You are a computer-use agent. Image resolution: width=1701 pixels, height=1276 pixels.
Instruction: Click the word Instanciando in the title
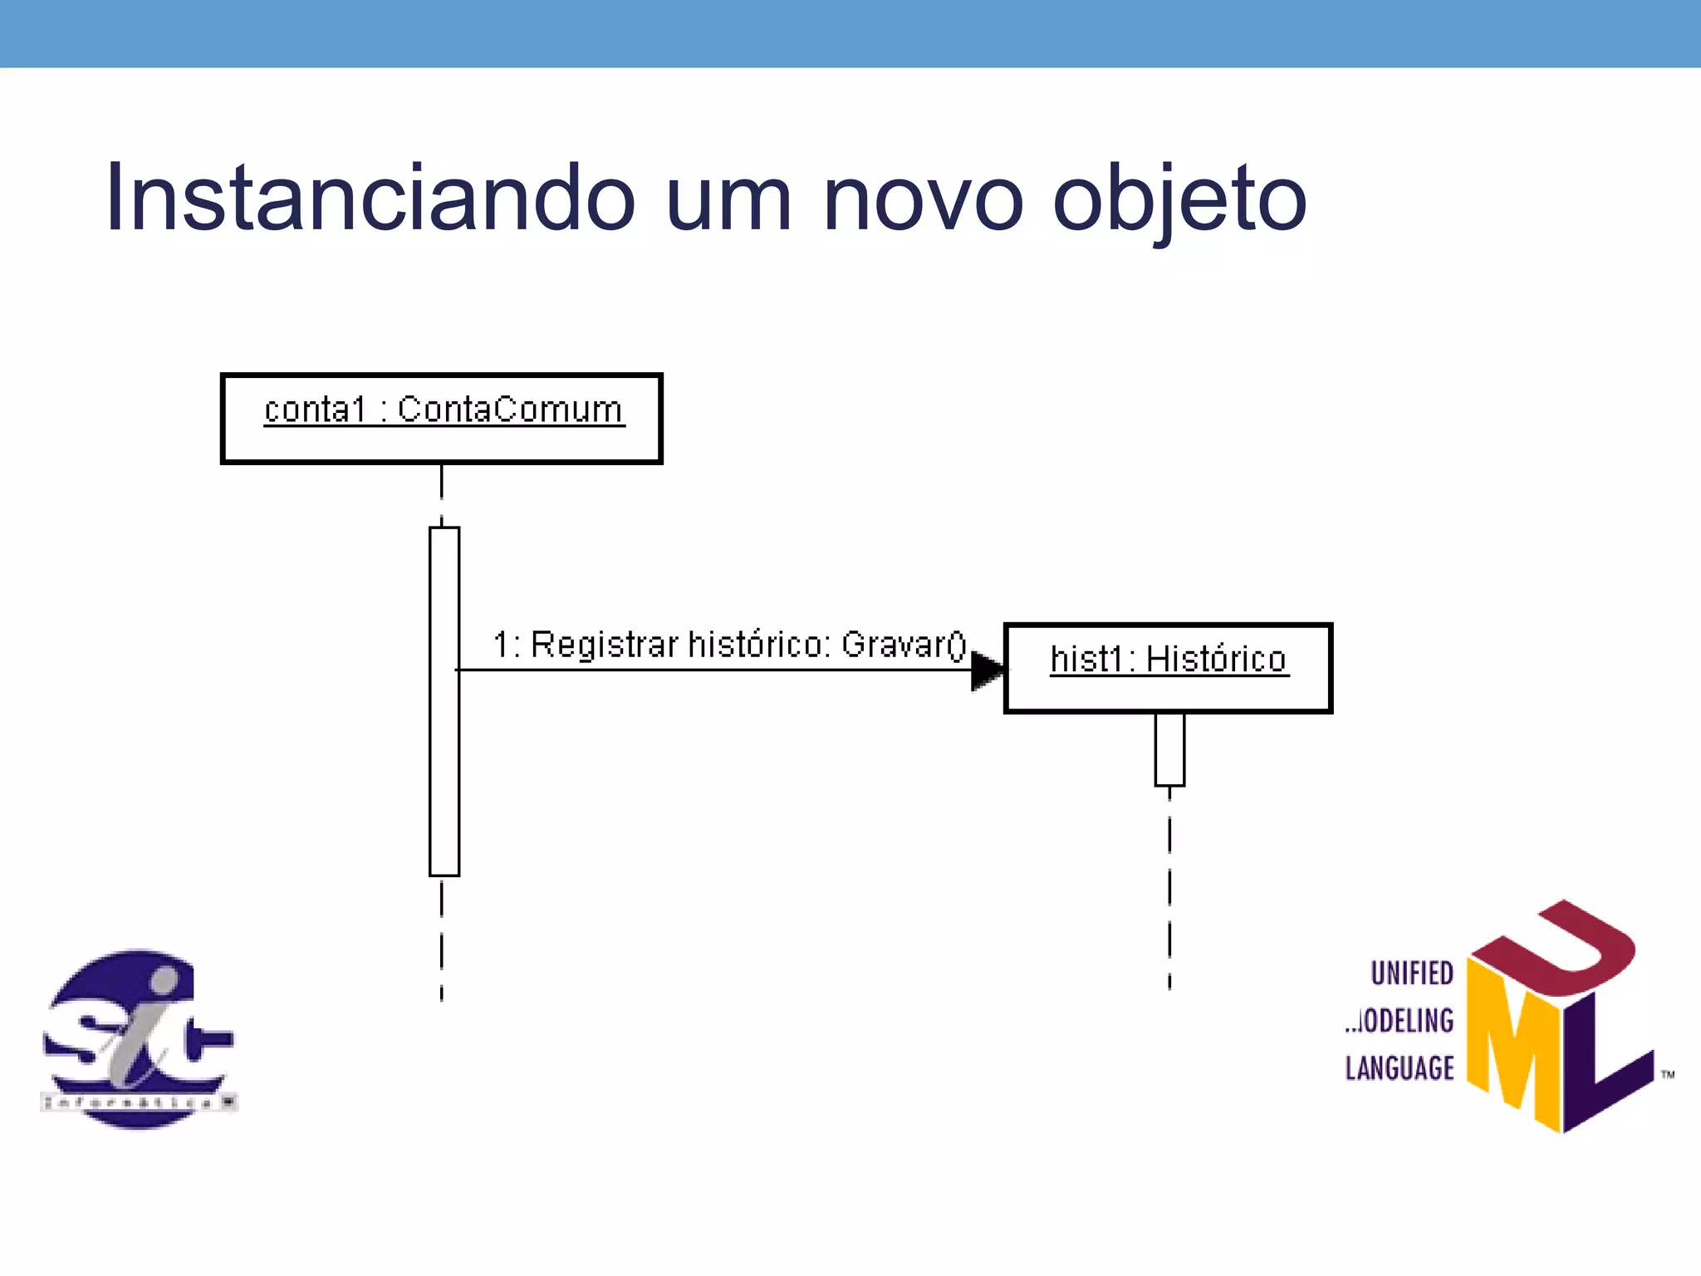[370, 199]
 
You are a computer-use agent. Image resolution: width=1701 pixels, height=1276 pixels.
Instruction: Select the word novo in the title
[923, 199]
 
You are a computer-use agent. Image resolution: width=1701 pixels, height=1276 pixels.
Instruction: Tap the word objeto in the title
[1179, 200]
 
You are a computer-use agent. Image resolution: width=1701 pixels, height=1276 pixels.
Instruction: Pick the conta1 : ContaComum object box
[441, 419]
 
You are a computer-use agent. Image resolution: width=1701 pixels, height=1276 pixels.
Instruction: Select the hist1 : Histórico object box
[1168, 668]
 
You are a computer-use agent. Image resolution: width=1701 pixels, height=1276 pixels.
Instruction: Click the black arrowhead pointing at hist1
[987, 670]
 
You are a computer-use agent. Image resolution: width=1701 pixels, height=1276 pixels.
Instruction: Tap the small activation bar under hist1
[1169, 748]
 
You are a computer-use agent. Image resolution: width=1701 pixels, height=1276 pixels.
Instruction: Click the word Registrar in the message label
[605, 645]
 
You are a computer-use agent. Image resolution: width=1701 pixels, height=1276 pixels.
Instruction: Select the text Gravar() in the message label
[904, 645]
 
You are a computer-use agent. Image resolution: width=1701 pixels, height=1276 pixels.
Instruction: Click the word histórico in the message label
[759, 645]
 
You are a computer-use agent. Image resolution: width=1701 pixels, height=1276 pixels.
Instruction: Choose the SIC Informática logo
[138, 1039]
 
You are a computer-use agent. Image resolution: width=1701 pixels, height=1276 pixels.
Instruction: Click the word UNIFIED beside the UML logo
[1411, 974]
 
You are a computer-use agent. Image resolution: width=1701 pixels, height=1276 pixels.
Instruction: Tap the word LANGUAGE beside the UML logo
[1400, 1068]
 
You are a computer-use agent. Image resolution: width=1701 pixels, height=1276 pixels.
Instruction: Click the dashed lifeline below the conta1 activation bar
[441, 939]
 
